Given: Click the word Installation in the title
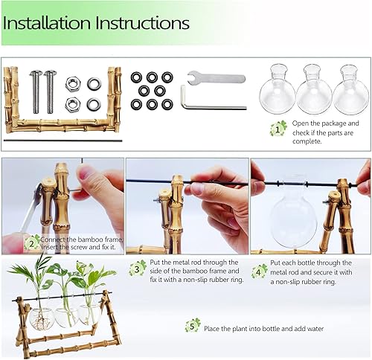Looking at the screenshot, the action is (47, 23).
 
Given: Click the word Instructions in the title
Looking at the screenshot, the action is (143, 23).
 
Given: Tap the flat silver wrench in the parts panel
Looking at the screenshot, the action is (217, 78).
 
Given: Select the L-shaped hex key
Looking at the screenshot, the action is (214, 103).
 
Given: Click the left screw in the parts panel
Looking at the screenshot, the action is (36, 91).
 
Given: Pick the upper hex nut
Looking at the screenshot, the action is (73, 83).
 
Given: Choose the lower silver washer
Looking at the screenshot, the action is (94, 104).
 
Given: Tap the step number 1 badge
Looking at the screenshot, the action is (278, 129).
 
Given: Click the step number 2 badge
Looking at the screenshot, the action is (32, 243).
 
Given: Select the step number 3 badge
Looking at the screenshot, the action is (137, 269).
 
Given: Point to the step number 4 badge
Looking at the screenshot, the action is (259, 271).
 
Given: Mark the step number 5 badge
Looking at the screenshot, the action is (193, 326).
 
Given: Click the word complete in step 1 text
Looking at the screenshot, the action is (307, 141).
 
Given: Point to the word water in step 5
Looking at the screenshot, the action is (314, 329).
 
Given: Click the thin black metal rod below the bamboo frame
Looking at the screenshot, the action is (63, 141).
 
